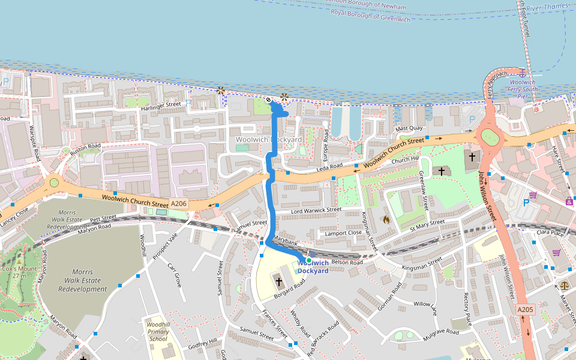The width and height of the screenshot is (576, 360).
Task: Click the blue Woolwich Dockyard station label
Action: tap(313, 267)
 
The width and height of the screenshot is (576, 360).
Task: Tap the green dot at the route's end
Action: tap(308, 260)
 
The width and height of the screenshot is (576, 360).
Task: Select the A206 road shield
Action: tap(179, 204)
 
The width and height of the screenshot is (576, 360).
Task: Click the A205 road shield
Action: tap(525, 310)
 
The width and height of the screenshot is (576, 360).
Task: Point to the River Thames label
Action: tap(547, 7)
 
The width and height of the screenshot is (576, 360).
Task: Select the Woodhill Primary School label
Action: tap(158, 331)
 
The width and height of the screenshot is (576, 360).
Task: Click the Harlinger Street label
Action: tap(161, 105)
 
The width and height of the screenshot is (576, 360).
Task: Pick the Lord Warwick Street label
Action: tap(316, 211)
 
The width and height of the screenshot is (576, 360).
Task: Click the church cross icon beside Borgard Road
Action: tap(279, 281)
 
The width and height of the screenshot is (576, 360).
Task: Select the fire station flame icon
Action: tap(386, 220)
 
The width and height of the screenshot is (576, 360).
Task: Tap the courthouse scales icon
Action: tap(565, 286)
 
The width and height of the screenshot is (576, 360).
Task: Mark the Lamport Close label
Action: tap(343, 233)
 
